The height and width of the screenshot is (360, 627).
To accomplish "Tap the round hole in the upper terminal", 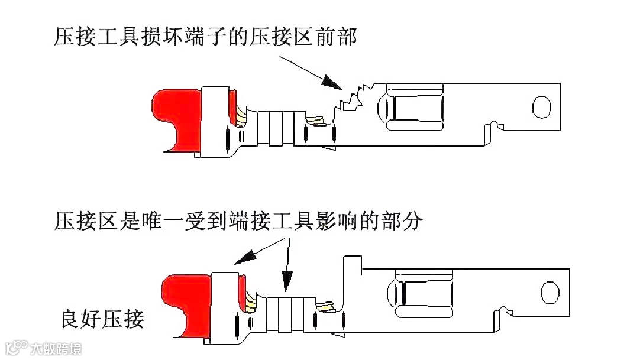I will point(540,106).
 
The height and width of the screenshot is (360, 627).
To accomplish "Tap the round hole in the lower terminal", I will point(550,292).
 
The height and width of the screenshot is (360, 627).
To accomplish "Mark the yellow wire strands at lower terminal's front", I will point(325,306).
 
